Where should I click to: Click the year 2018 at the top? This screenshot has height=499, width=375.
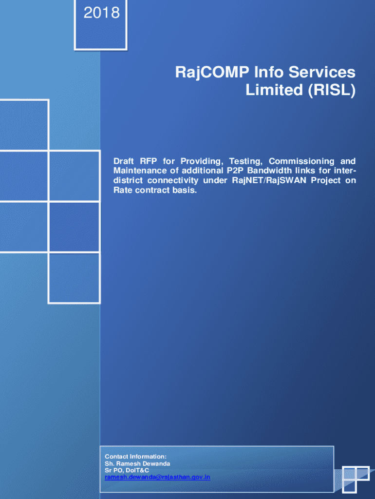click(101, 13)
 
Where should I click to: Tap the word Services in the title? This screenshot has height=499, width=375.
click(322, 72)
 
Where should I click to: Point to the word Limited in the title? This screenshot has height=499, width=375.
click(274, 90)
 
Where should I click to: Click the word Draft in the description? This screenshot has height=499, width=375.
click(123, 161)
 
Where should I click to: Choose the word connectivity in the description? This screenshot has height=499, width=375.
click(173, 180)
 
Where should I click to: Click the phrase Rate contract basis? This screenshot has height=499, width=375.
click(155, 191)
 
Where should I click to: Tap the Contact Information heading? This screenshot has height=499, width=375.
click(135, 457)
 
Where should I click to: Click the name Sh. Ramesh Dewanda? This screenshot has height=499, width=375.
click(137, 464)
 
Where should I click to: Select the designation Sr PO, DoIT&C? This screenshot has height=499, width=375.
click(127, 470)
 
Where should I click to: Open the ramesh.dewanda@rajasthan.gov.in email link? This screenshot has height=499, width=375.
click(157, 478)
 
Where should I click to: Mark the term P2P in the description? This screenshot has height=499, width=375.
click(235, 171)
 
